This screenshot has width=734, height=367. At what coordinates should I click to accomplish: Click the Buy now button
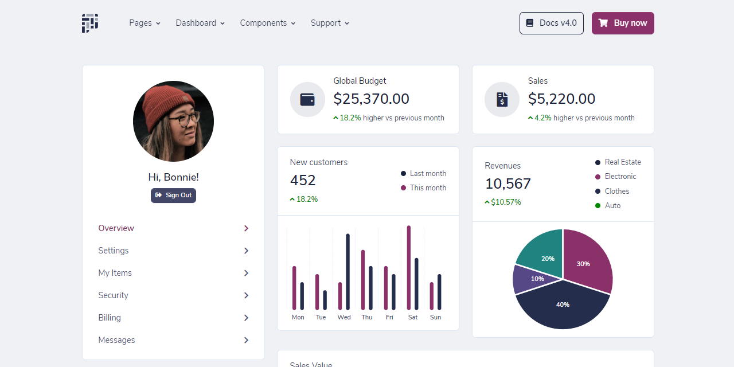(x=623, y=24)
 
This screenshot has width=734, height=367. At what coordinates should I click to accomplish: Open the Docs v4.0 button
(x=551, y=24)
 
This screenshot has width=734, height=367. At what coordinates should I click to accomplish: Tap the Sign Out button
(x=173, y=196)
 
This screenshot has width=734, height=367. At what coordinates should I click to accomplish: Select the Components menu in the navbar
(x=267, y=23)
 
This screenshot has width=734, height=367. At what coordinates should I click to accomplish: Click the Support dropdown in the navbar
(x=330, y=23)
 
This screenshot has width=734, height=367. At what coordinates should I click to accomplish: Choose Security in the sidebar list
(x=113, y=295)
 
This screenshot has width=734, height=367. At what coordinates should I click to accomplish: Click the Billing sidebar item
(x=110, y=318)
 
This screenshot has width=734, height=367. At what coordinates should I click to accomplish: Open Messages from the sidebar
(x=116, y=340)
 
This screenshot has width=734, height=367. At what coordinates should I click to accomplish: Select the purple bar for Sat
(x=409, y=267)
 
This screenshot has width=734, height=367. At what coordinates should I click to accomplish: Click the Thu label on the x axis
(x=367, y=317)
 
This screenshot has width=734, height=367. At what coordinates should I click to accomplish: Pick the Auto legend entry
(x=612, y=206)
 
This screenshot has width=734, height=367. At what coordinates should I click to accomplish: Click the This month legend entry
(x=427, y=188)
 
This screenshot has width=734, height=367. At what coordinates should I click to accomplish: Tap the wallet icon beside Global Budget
(x=307, y=99)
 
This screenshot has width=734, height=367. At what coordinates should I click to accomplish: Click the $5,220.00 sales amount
(x=561, y=99)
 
